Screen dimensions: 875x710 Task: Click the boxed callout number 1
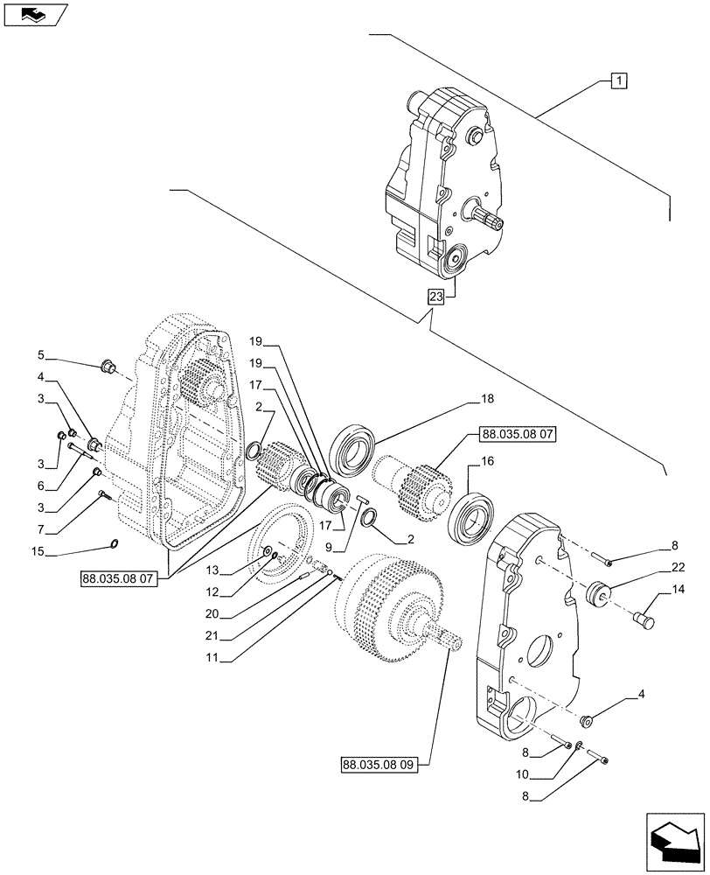pyautogui.click(x=618, y=81)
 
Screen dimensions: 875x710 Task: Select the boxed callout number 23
pyautogui.click(x=436, y=296)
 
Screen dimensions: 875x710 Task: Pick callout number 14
pyautogui.click(x=678, y=593)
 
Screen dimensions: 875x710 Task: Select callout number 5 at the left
pyautogui.click(x=41, y=357)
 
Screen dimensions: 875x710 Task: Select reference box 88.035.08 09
pyautogui.click(x=376, y=764)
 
